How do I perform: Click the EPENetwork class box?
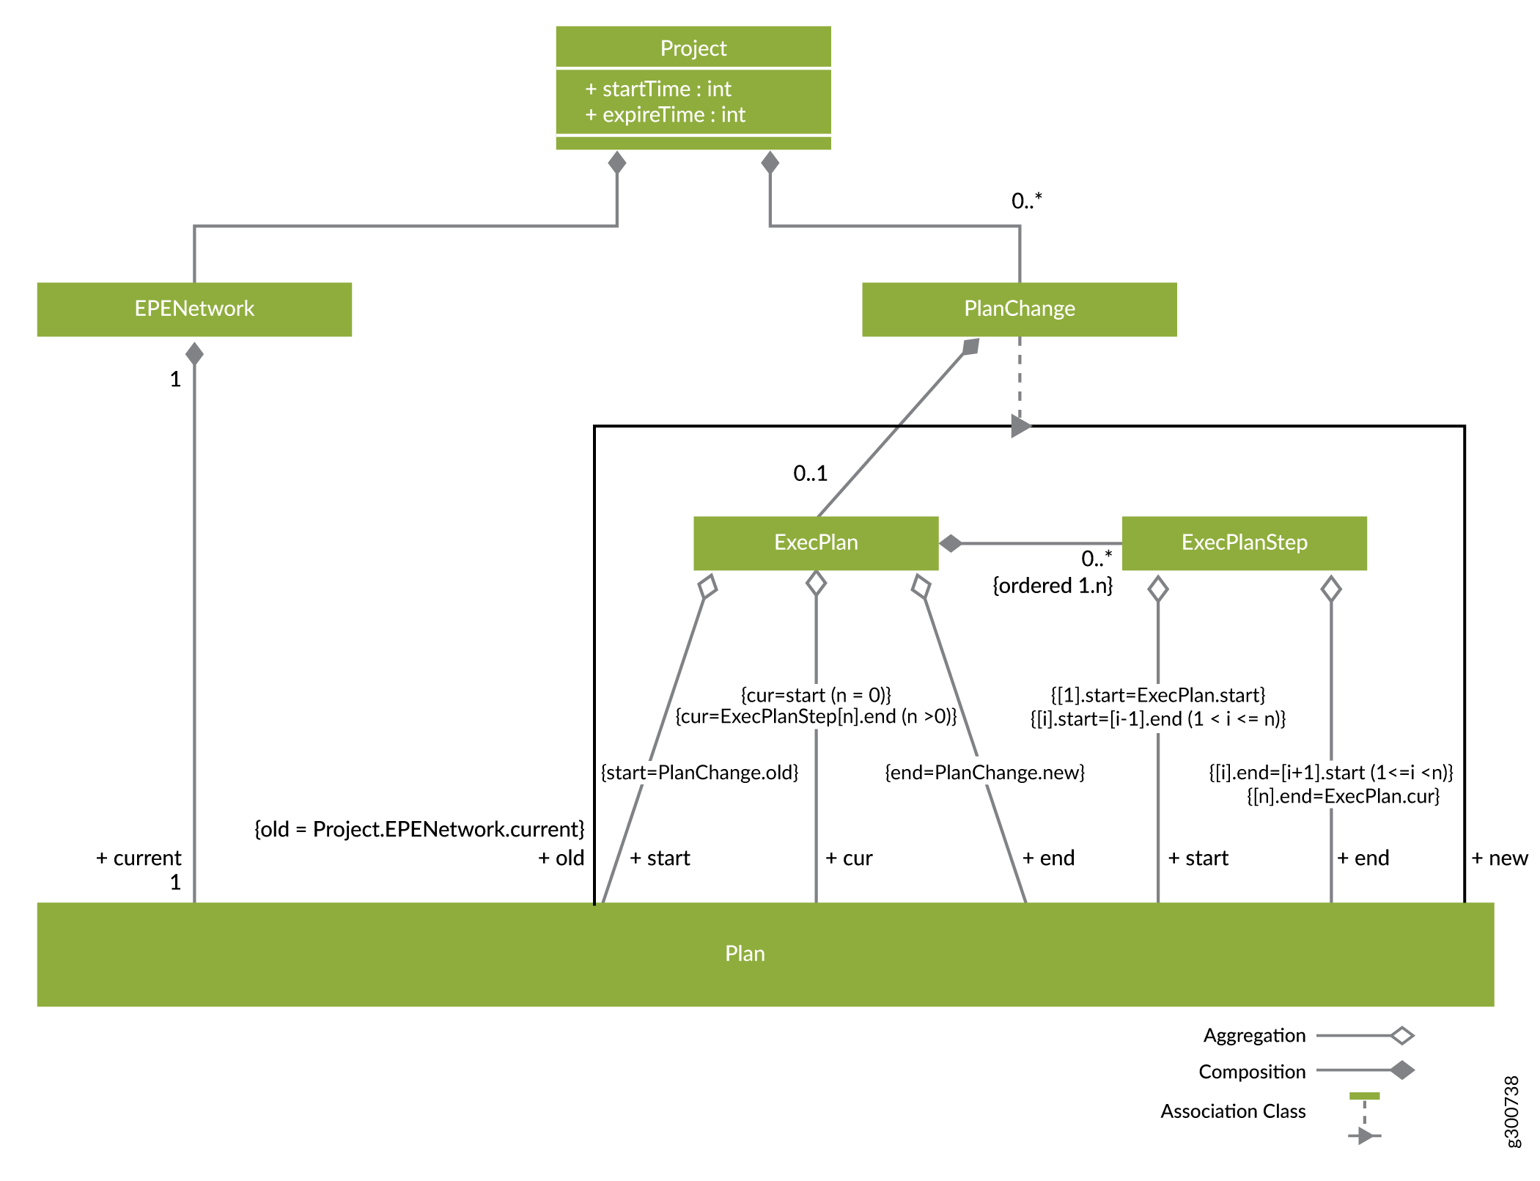coord(194,309)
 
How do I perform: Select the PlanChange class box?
coord(1019,309)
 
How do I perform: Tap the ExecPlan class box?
coord(816,542)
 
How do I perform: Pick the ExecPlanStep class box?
coord(1244,542)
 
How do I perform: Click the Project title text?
coord(693,48)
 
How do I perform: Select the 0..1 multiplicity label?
coord(810,474)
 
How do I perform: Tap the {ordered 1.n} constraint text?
coord(1053,586)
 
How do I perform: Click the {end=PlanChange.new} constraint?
coord(984,773)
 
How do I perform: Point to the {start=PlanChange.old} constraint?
coord(699,773)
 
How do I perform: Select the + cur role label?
coord(849,858)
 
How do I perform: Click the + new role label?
coord(1500,858)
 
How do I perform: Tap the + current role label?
coord(139,858)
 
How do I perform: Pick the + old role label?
coord(561,858)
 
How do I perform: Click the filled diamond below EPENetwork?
coord(194,354)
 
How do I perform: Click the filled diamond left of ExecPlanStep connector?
coord(951,543)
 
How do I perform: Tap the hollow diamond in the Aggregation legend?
coord(1402,1036)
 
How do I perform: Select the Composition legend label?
coord(1252,1073)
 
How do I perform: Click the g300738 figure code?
coord(1511,1111)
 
